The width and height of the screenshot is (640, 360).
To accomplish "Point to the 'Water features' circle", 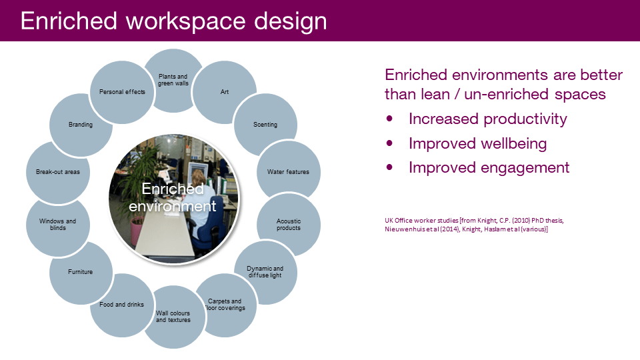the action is coord(289,172).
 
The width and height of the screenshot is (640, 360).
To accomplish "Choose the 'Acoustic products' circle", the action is coord(289,225).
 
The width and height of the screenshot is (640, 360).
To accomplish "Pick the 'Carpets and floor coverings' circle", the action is coord(226,305).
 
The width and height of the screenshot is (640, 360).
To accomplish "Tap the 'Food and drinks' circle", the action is coord(121,305).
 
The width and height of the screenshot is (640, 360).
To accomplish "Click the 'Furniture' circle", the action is coord(81,273).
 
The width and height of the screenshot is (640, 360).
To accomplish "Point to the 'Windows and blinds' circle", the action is coord(57,225).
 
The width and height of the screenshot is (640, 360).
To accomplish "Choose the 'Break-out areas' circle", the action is coord(57,172).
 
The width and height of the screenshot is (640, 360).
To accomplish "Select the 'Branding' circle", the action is coord(81,125).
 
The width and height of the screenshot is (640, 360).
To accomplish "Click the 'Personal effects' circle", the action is coord(122,92).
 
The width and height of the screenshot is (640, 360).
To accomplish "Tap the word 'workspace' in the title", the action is coord(186,21).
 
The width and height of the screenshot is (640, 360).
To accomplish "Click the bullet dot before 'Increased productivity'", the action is coord(389,119).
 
